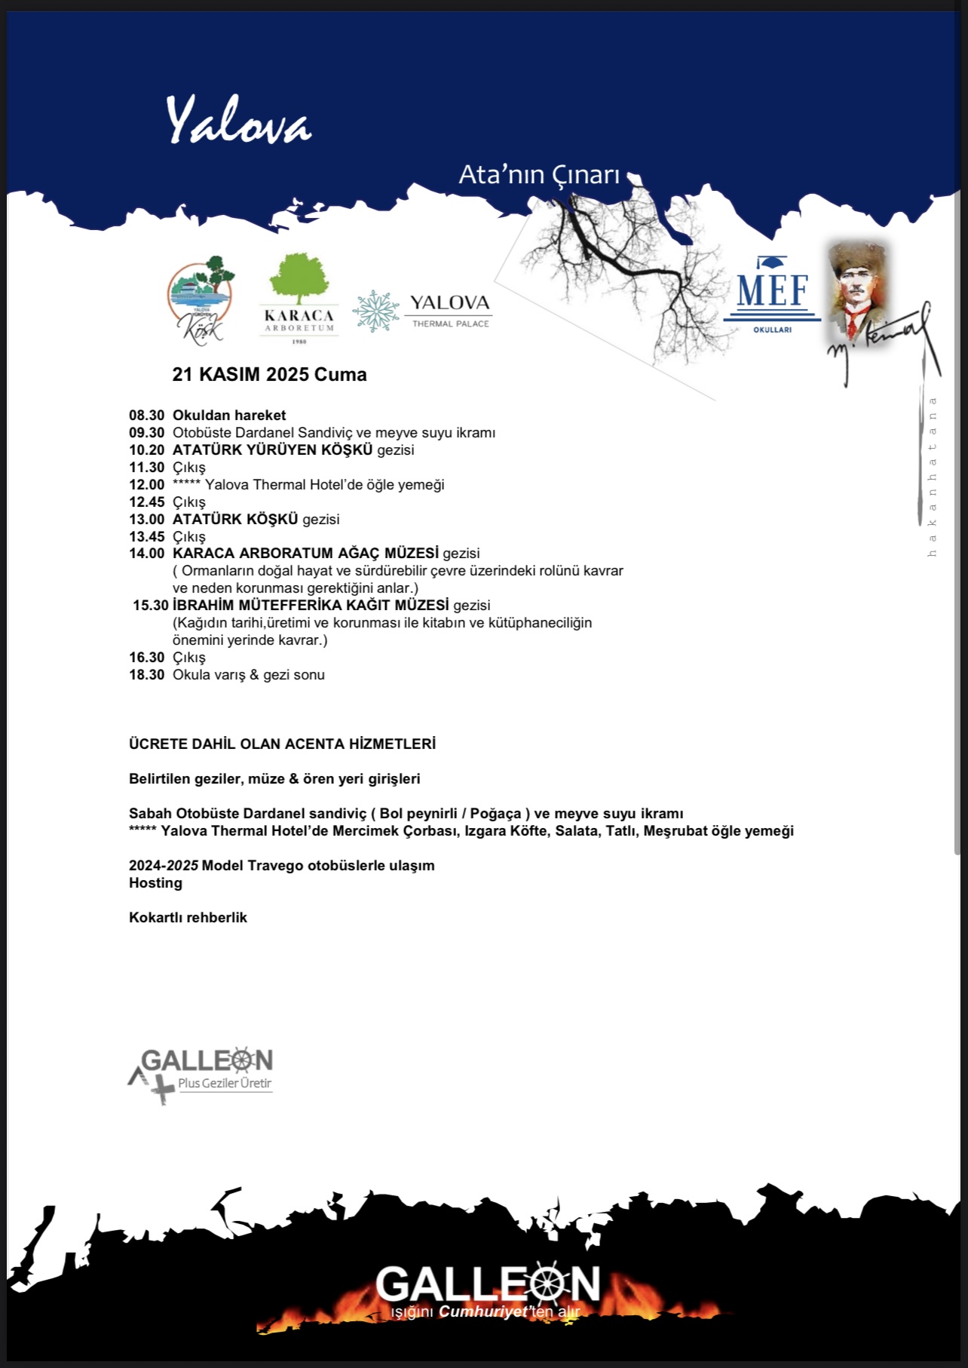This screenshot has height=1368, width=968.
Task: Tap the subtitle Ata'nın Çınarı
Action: coord(539,175)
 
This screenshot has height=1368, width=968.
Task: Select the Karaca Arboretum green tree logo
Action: coord(299,280)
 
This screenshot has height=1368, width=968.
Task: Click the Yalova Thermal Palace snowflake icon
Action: coord(376,311)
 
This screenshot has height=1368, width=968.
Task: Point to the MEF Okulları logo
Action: coord(772,295)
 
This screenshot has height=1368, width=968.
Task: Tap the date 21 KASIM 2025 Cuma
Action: coord(269,375)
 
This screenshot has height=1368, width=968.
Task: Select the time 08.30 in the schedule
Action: coord(146,416)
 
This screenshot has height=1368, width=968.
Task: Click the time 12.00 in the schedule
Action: coord(146,485)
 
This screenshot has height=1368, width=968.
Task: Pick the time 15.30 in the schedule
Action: coord(150,606)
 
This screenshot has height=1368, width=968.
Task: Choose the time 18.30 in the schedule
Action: coord(146,675)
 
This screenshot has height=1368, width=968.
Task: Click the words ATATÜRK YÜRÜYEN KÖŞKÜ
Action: coord(272,450)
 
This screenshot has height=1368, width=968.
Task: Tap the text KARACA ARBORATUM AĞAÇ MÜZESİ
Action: coord(305,554)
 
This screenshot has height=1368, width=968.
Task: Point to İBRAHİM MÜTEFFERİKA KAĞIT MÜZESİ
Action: coord(311,606)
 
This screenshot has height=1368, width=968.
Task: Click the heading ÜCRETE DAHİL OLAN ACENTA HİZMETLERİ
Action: coord(282,744)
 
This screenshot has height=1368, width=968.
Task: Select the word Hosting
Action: coord(155,883)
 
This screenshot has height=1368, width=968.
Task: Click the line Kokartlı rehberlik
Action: coord(188,918)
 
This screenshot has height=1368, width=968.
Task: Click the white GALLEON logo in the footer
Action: coord(487,1283)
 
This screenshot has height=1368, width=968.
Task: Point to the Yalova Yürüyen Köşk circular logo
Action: coord(200,299)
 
